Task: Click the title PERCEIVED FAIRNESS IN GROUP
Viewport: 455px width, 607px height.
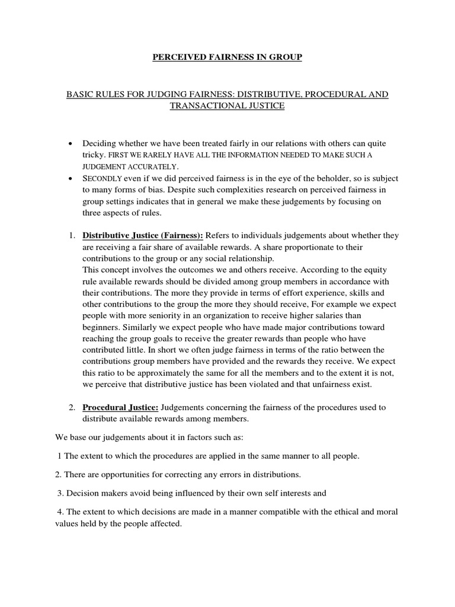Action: (227, 57)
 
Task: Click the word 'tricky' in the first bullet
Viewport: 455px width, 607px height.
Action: (92, 155)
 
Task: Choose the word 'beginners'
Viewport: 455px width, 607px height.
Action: (101, 327)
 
